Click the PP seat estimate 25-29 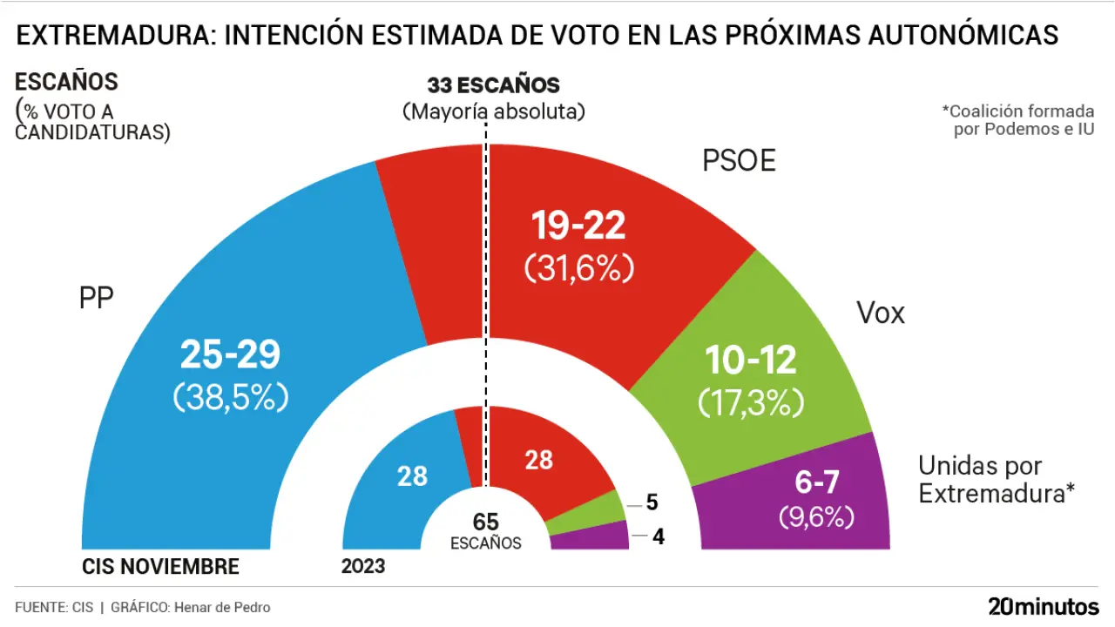click(x=230, y=355)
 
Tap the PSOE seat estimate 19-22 click(x=578, y=226)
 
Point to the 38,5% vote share click(x=230, y=397)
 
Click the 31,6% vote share click(x=578, y=268)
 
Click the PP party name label click(x=97, y=298)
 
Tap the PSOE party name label click(x=739, y=161)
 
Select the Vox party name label click(x=881, y=313)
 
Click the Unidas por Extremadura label click(x=993, y=479)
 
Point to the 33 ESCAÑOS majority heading click(x=493, y=85)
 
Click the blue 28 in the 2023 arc click(x=412, y=476)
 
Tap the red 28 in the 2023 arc click(x=539, y=459)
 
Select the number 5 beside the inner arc click(x=651, y=502)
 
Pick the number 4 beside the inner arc click(x=659, y=537)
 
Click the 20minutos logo click(x=1044, y=606)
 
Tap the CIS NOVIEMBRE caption click(x=160, y=567)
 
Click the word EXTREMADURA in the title click(x=117, y=35)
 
